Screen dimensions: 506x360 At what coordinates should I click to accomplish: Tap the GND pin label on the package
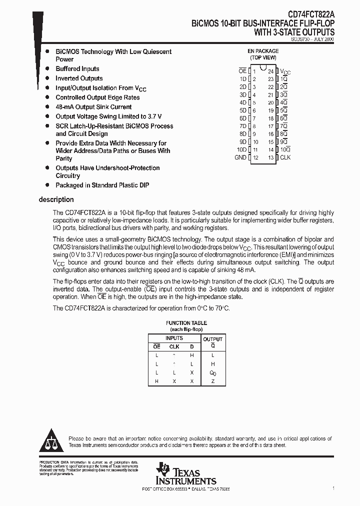(240, 157)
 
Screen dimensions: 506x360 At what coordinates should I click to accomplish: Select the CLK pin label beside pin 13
(285, 157)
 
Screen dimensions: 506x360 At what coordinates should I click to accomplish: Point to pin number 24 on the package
(270, 71)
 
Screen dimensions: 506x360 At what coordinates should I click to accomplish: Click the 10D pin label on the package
(241, 149)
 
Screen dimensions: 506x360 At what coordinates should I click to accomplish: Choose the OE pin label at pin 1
(242, 71)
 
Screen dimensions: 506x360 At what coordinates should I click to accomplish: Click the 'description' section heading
(56, 199)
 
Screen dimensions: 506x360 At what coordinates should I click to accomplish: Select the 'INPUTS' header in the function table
(174, 338)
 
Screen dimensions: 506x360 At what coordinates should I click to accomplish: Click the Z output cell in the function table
(212, 381)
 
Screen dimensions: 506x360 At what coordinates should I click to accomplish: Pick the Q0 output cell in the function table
(212, 372)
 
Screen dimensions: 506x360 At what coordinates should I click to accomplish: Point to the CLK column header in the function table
(174, 346)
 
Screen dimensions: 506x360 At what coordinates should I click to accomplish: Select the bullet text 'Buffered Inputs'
(77, 69)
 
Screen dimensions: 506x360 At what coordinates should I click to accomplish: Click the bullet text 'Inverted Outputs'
(79, 78)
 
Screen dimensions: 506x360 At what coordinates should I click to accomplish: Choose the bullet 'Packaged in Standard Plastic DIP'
(102, 185)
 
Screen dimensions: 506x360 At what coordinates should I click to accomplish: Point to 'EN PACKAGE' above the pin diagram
(263, 51)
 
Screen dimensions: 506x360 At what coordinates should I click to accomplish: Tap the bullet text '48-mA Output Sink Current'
(93, 107)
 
